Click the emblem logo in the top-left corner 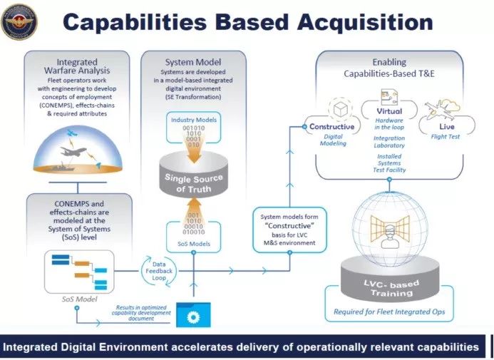click(20, 21)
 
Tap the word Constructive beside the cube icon click(331, 127)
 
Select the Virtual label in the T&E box click(389, 111)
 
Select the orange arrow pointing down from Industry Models click(192, 144)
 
